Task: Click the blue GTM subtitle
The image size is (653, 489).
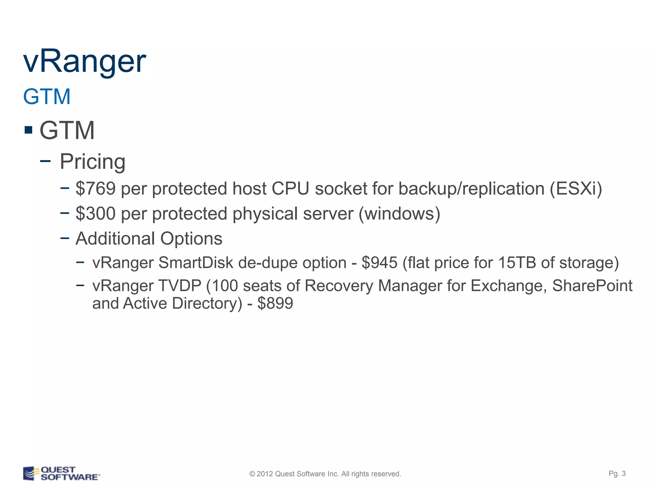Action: (x=47, y=96)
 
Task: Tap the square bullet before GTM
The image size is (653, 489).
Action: (x=28, y=130)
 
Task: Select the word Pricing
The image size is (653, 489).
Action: (x=92, y=161)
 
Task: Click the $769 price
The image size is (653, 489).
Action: (x=95, y=188)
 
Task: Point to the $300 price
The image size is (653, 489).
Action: (x=95, y=213)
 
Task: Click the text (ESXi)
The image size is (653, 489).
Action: (x=576, y=188)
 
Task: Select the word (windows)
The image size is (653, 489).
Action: (x=399, y=213)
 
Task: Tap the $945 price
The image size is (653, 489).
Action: (x=379, y=263)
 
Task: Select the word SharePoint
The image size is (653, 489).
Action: (x=592, y=286)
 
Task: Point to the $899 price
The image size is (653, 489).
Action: (x=275, y=303)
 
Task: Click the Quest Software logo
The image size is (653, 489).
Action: (x=61, y=473)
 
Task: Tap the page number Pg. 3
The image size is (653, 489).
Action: (x=617, y=473)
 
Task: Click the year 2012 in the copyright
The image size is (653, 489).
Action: (x=265, y=474)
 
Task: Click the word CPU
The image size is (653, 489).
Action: (x=290, y=188)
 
